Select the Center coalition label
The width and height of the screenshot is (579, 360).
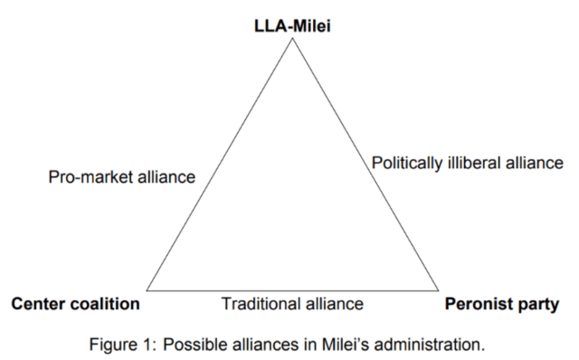[x=75, y=304]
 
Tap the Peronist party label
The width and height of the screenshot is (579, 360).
[x=502, y=304]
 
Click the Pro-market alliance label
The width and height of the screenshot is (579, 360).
[x=121, y=177]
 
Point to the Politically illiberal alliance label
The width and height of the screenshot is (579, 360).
[x=468, y=164]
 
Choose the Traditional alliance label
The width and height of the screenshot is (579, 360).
[x=292, y=304]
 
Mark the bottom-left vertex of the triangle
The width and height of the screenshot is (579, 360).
[x=147, y=290]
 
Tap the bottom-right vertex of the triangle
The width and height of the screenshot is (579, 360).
[x=439, y=290]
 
